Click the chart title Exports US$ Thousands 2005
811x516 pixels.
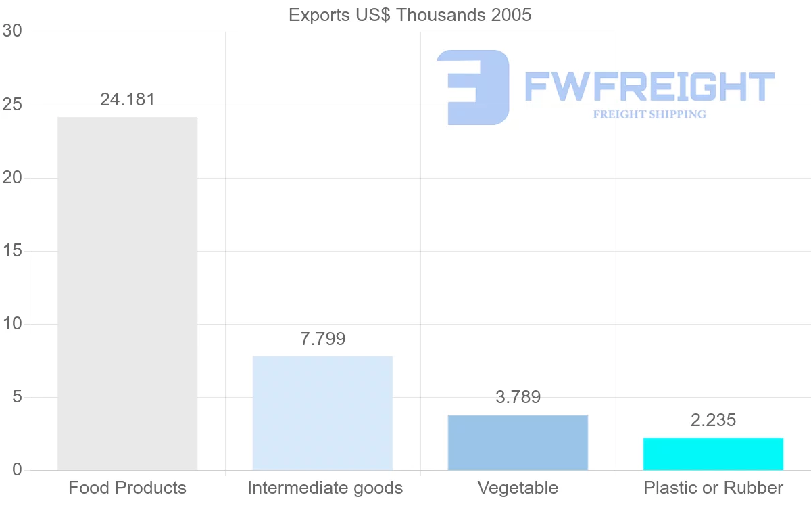click(410, 15)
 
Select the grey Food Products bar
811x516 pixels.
click(127, 294)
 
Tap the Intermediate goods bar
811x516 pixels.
click(322, 413)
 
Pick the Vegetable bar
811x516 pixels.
click(518, 442)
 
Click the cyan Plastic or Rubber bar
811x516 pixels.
click(713, 454)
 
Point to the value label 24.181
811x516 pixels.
click(127, 100)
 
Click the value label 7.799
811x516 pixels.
click(322, 339)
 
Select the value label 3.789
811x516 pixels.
click(518, 397)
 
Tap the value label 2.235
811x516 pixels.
click(713, 420)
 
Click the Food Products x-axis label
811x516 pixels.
click(127, 488)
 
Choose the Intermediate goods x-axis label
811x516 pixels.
click(325, 488)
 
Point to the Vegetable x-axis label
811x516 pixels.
click(518, 488)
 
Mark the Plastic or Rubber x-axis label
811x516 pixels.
click(713, 488)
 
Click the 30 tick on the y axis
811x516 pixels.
click(12, 32)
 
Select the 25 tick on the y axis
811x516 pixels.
click(12, 105)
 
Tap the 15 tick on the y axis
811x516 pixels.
click(12, 251)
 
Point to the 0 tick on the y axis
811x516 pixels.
click(18, 470)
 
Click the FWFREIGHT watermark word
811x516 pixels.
click(649, 87)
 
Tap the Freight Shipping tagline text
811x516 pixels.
click(649, 114)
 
